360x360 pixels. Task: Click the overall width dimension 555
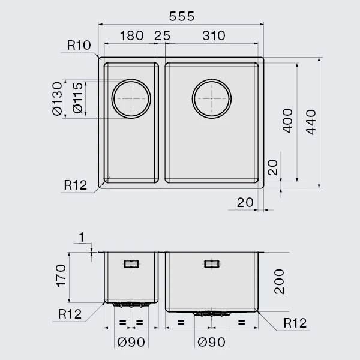182,16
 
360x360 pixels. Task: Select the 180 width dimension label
132,35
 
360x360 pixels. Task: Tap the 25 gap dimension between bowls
162,35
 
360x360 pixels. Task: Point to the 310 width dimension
214,35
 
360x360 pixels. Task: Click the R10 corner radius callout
79,45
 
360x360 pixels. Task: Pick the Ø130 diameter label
57,98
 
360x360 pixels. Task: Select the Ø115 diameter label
77,98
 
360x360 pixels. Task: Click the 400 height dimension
287,121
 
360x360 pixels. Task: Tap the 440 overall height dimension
311,122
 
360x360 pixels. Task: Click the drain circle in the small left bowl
131,79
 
